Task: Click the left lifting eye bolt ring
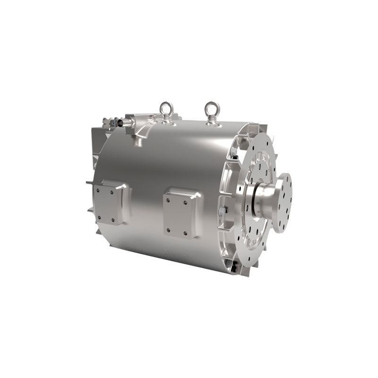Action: [166, 108]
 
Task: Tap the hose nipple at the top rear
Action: [123, 122]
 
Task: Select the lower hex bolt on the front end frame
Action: [223, 210]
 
